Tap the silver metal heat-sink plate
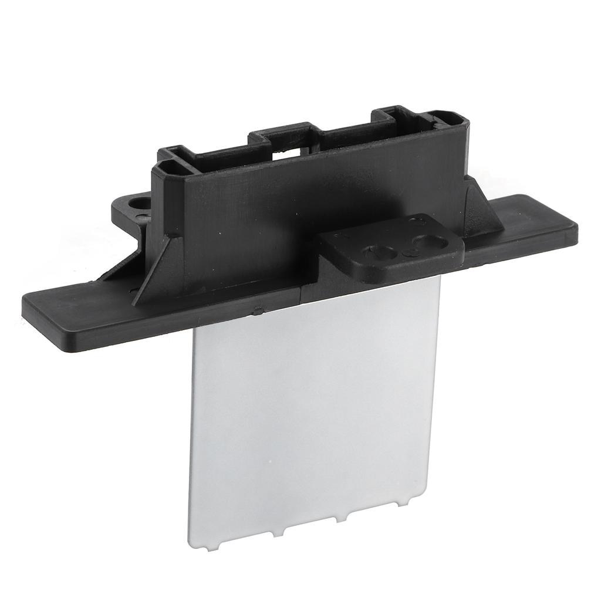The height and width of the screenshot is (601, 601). point(311,411)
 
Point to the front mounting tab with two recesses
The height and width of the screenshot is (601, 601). point(393,247)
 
